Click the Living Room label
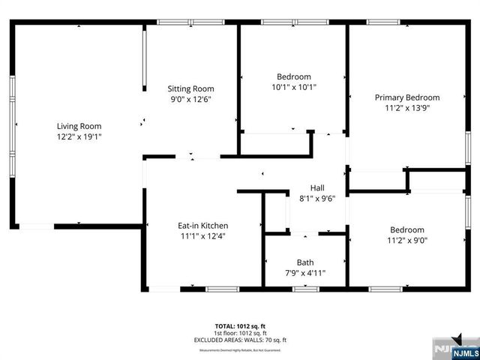tap(79, 126)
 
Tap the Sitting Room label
tap(190, 88)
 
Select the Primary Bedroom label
tap(407, 97)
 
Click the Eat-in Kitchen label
tap(202, 225)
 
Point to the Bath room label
tap(305, 262)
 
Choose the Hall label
tap(317, 188)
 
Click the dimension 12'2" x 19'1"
tap(79, 136)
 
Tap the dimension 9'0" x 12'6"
tap(190, 99)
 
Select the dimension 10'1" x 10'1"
tap(294, 86)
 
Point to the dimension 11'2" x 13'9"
tap(407, 107)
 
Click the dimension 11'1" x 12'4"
tap(202, 235)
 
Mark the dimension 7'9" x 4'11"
tap(305, 272)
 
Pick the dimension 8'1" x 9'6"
tap(317, 199)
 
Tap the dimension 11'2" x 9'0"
tap(407, 240)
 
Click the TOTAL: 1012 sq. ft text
tap(240, 325)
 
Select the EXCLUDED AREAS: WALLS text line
tap(240, 340)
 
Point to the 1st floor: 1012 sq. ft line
tap(240, 333)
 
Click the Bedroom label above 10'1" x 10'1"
tap(294, 76)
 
